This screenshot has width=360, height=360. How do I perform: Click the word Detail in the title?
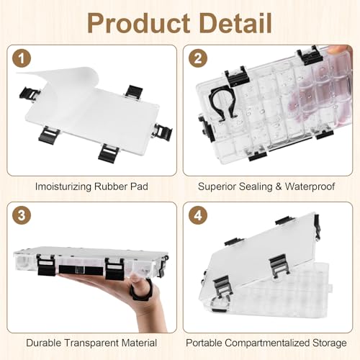pyautogui.click(x=235, y=23)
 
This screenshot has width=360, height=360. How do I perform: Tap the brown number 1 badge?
pyautogui.click(x=22, y=58)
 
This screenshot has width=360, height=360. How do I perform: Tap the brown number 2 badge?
pyautogui.click(x=198, y=58)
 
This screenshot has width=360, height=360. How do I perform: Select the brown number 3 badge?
pyautogui.click(x=22, y=215)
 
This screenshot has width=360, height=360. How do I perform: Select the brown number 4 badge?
pyautogui.click(x=198, y=215)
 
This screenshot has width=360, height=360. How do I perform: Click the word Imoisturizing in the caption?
pyautogui.click(x=63, y=187)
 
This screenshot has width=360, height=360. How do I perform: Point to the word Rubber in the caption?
pyautogui.click(x=111, y=186)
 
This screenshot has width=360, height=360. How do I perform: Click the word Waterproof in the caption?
pyautogui.click(x=310, y=187)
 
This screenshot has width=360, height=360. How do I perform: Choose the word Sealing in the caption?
pyautogui.click(x=256, y=187)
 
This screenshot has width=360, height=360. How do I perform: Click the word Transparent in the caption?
pyautogui.click(x=91, y=343)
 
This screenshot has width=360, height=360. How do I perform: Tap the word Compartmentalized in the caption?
pyautogui.click(x=267, y=343)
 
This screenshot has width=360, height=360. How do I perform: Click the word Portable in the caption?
pyautogui.click(x=204, y=343)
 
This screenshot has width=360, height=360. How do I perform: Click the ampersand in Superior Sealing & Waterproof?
pyautogui.click(x=279, y=186)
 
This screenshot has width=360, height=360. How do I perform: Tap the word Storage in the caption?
pyautogui.click(x=330, y=343)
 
